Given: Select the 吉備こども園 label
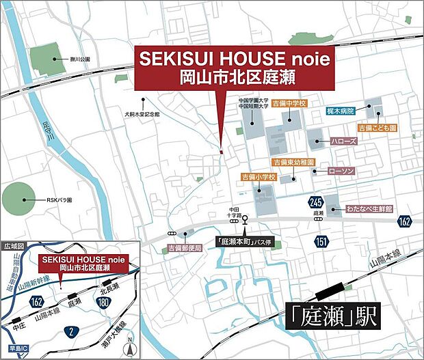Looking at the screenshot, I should [377, 128].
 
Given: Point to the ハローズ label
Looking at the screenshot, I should [341, 141].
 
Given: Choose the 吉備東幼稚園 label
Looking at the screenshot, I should [293, 162].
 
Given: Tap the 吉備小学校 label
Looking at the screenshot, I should [258, 177].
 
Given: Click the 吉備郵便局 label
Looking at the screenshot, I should [185, 249].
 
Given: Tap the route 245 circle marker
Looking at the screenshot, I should [315, 202].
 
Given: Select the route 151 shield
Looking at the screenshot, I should [321, 240].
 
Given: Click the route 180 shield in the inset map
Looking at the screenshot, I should [103, 301].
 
